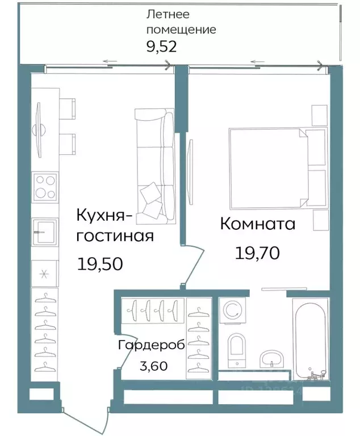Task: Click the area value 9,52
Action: point(162,47)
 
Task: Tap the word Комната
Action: point(257,224)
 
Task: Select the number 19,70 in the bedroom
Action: point(257,253)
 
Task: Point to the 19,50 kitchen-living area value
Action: point(100,264)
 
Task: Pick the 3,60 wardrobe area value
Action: point(153,366)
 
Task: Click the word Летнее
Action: point(168,14)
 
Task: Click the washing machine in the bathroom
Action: point(233,311)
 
